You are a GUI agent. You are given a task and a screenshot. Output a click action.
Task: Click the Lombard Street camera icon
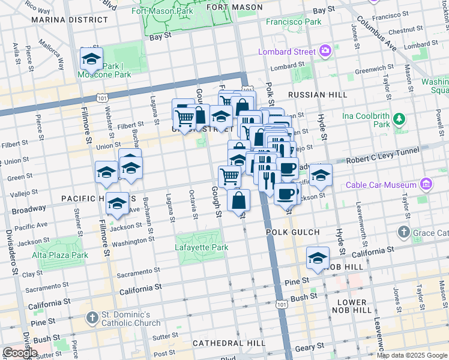tap(326, 51)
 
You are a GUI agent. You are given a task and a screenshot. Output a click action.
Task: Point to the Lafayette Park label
tap(202, 247)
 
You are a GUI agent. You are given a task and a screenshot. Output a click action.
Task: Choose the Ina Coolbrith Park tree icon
tap(399, 124)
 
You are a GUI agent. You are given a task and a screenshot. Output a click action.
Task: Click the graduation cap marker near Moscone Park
tap(91, 59)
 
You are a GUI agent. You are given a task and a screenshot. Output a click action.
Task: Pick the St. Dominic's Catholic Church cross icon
tap(91, 316)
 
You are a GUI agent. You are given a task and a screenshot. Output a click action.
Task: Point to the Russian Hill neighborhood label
tap(318, 95)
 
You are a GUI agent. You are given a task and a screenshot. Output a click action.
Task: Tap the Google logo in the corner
tap(20, 353)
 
